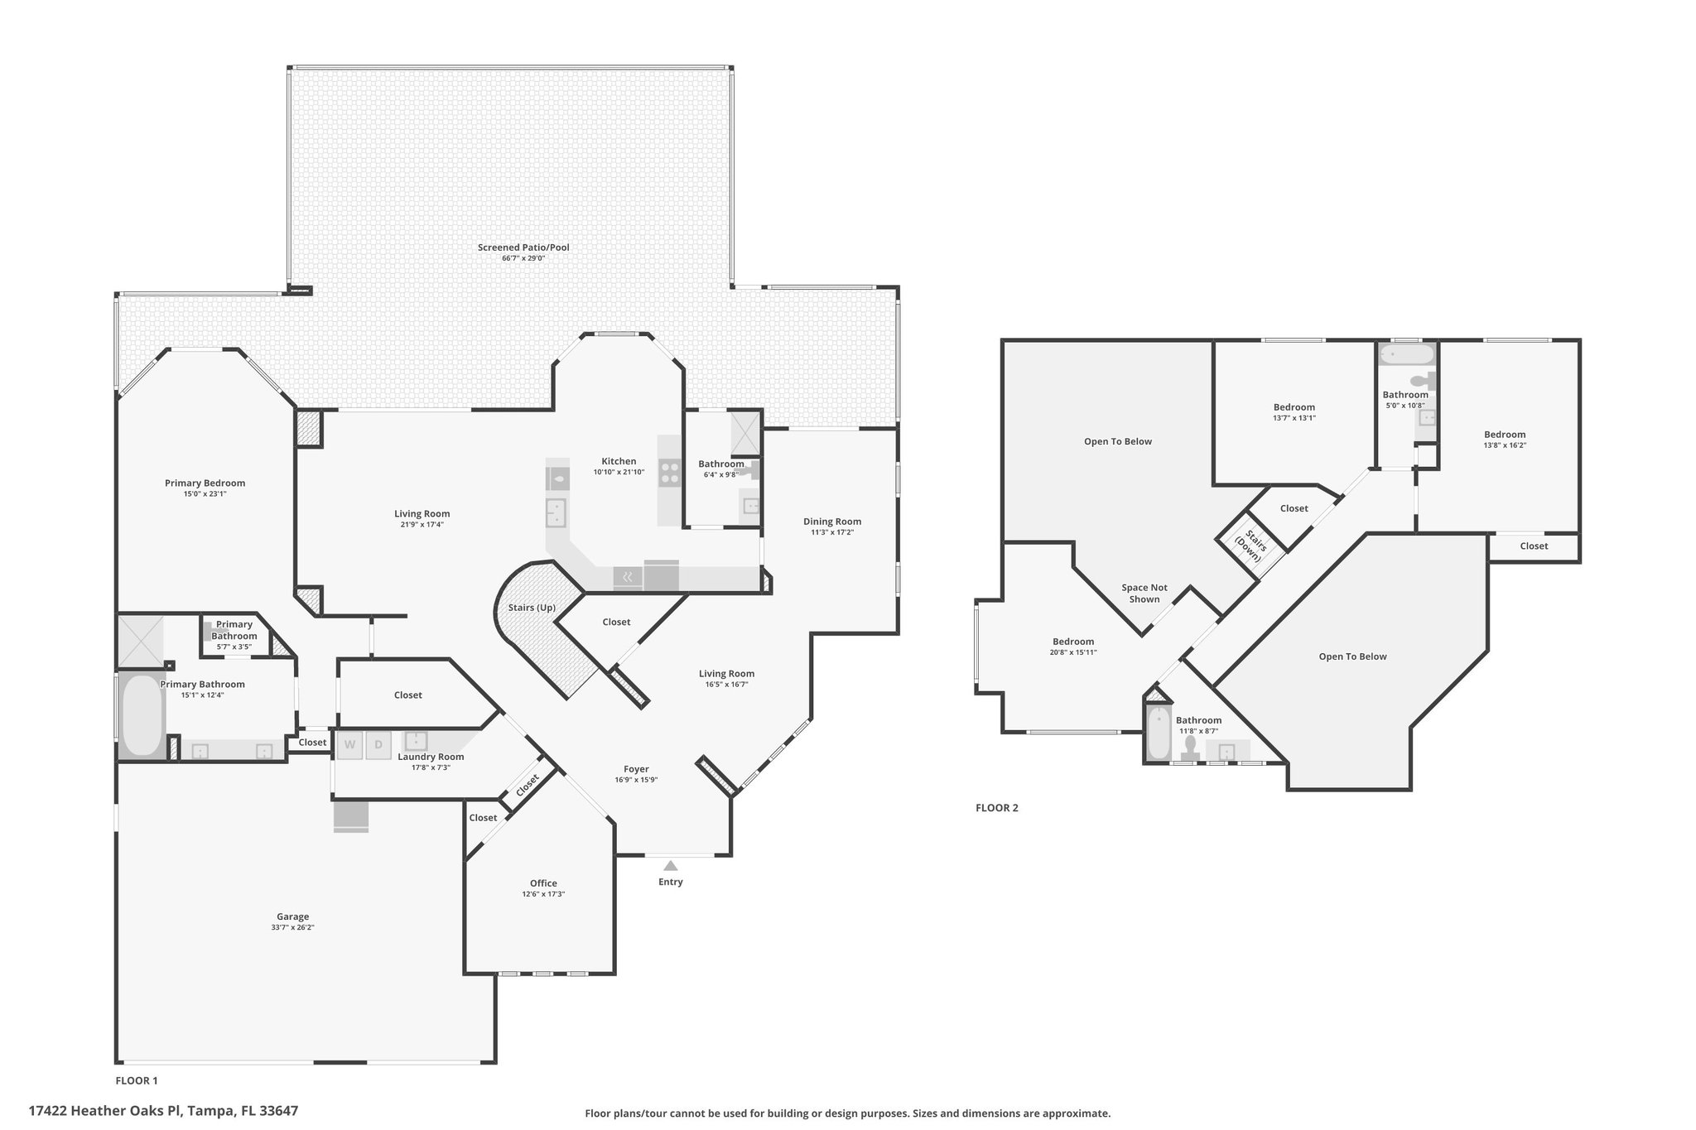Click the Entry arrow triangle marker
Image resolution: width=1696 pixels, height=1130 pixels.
coord(671,866)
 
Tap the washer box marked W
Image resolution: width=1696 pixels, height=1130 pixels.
coord(349,744)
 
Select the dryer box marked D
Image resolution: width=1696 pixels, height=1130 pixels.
coord(378,744)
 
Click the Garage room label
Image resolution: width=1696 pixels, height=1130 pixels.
coord(293,916)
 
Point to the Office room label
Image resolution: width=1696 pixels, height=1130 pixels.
coord(543,883)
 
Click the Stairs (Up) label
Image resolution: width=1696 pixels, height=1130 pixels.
coord(532,608)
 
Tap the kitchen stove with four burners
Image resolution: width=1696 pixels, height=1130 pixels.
coord(669,473)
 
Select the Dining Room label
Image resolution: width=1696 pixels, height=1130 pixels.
coord(832,522)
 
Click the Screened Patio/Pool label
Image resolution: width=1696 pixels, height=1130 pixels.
coord(523,248)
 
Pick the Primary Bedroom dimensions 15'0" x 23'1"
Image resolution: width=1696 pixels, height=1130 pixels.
coord(205,494)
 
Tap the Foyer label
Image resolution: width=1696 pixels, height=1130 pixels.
coord(636,769)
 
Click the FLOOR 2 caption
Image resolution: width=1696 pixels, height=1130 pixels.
coord(997,808)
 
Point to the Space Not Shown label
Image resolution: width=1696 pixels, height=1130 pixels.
coord(1144,594)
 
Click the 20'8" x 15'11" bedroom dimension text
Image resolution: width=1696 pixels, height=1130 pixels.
coord(1073,652)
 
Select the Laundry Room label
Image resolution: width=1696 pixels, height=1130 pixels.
coord(431,757)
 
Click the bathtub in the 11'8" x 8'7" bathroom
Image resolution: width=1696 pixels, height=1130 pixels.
coord(1159,733)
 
